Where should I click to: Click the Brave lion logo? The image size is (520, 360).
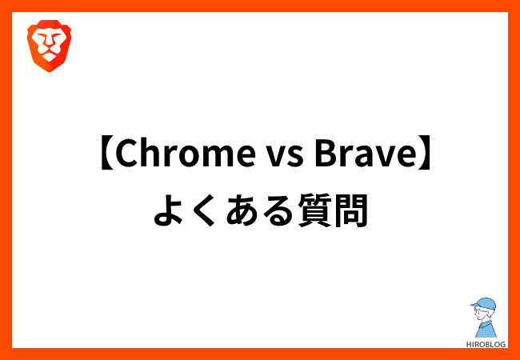49,46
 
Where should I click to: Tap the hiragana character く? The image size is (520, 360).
204,210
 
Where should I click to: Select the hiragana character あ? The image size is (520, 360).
241,210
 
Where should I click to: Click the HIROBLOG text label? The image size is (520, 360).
486,345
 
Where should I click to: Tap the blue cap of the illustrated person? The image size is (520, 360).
484,304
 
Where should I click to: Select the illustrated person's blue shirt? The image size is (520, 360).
486,329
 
